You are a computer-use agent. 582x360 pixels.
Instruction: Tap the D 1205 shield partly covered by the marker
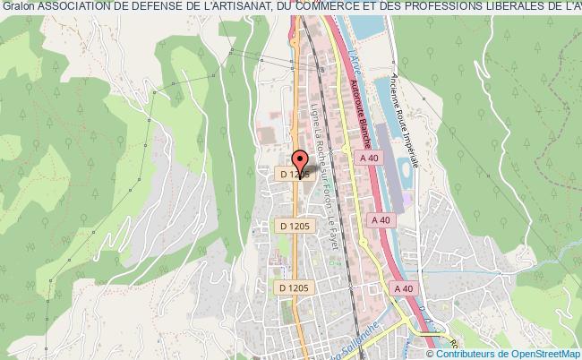pos(292,175)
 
